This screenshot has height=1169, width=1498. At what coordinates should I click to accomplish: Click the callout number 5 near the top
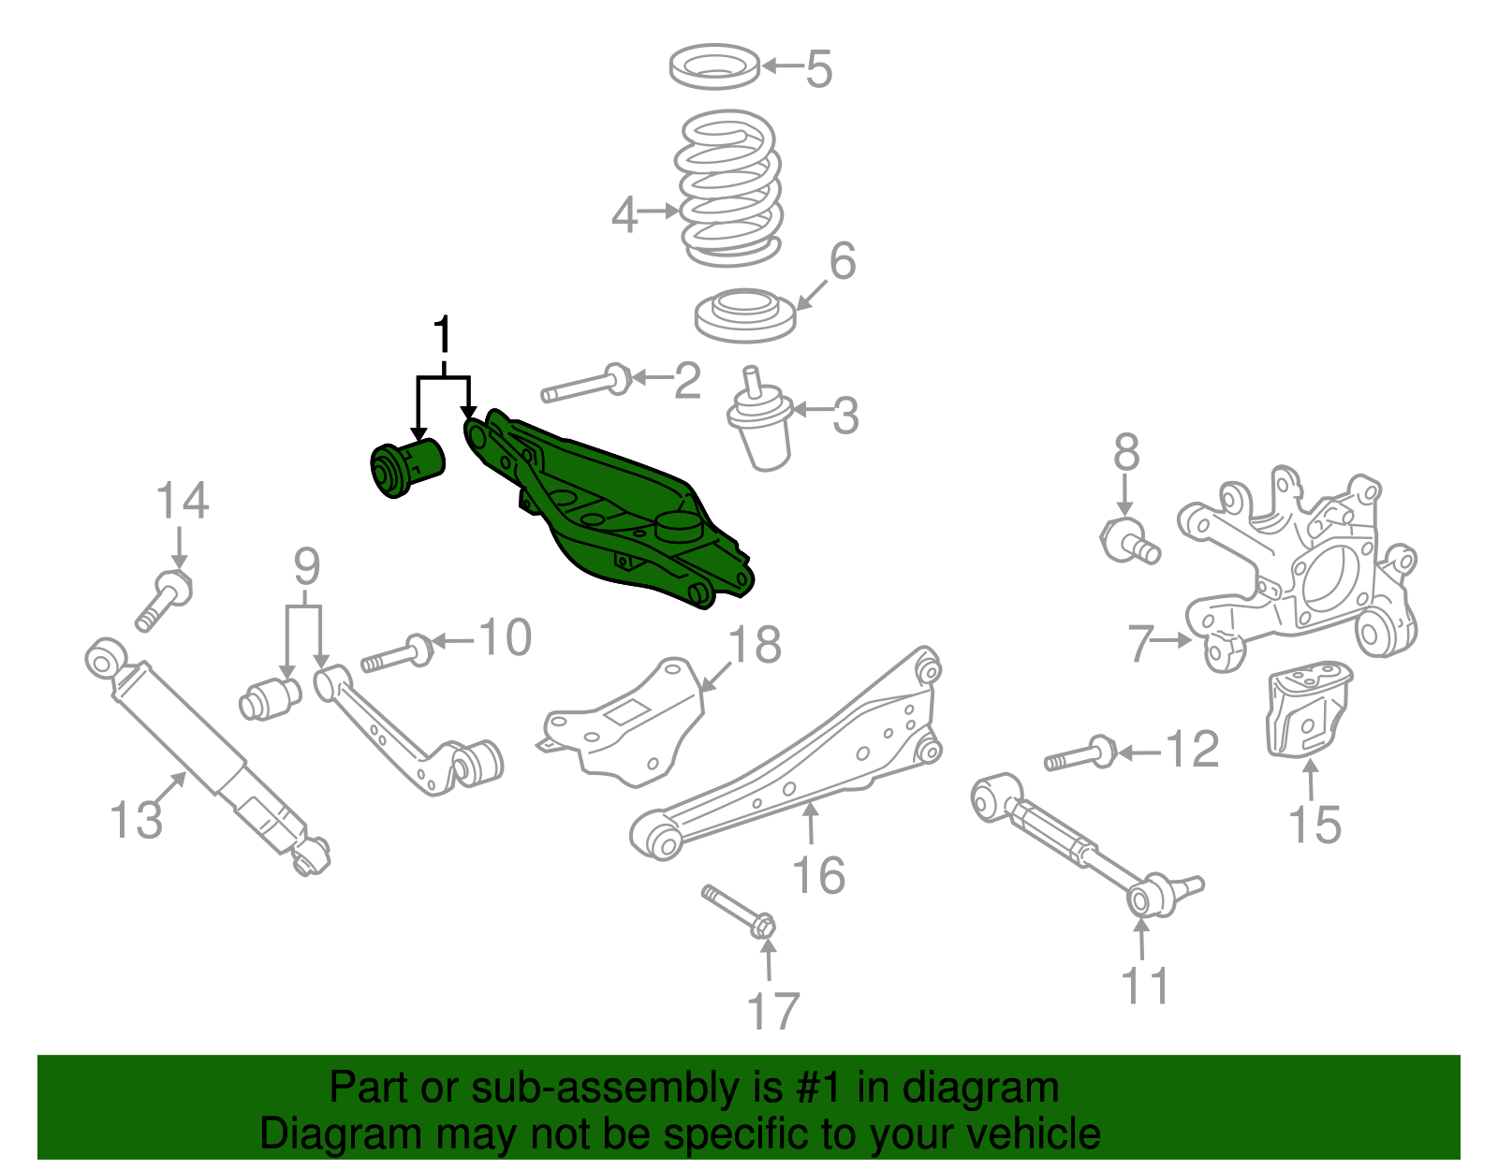(819, 68)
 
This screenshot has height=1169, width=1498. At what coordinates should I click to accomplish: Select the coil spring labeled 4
(728, 187)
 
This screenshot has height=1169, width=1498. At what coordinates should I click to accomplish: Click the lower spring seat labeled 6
(745, 315)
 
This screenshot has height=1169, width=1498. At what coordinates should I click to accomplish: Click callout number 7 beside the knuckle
(1139, 643)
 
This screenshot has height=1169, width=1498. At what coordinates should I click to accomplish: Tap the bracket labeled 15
(1309, 710)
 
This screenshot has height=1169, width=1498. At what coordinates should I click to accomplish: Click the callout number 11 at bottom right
(1146, 986)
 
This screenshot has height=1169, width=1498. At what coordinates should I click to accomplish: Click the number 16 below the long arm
(818, 874)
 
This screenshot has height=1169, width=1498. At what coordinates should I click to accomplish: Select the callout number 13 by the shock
(136, 819)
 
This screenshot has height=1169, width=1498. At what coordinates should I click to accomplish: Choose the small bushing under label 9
(270, 699)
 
